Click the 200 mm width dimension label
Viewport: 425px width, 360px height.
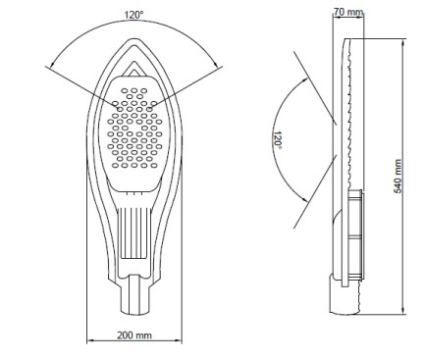134,335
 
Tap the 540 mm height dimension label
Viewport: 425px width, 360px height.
398,177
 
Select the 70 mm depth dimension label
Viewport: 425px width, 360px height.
348,12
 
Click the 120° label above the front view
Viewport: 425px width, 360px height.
133,15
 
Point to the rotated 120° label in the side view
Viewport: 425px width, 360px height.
278,140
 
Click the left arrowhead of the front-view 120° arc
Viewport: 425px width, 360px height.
52,64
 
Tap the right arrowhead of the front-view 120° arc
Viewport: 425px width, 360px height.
215,64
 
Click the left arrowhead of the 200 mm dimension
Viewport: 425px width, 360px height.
90,340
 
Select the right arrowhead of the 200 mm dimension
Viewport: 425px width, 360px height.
178,340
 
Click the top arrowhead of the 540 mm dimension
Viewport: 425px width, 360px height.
403,42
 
